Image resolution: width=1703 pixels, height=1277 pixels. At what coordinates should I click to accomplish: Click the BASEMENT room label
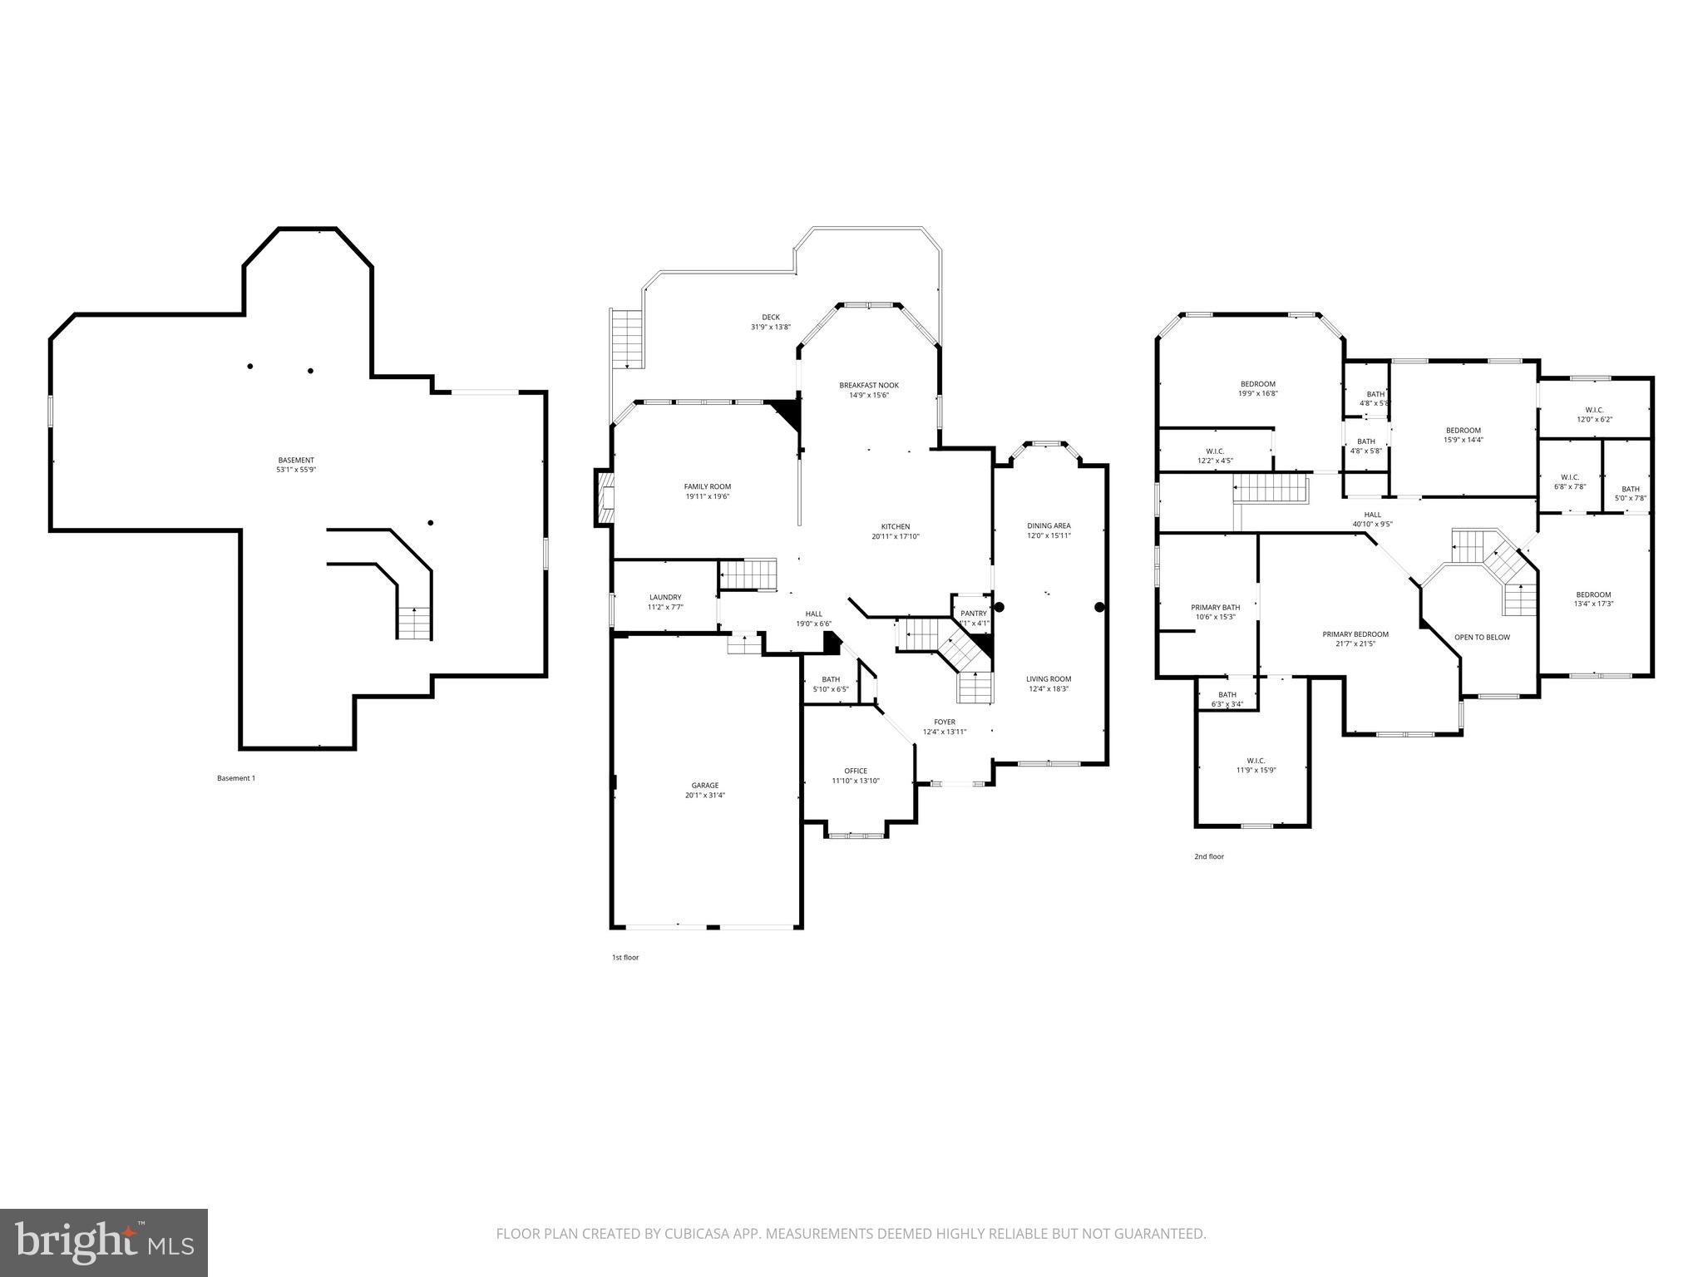pyautogui.click(x=296, y=461)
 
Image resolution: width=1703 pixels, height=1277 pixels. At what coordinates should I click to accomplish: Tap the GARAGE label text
pyautogui.click(x=704, y=786)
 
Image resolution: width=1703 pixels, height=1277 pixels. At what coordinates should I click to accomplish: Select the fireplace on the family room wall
pyautogui.click(x=605, y=498)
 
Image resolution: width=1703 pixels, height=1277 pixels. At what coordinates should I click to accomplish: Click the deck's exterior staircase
pyautogui.click(x=629, y=338)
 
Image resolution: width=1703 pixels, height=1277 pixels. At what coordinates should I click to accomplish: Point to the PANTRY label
pyautogui.click(x=973, y=614)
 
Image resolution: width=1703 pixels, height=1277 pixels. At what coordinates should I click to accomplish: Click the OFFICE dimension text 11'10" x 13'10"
pyautogui.click(x=855, y=781)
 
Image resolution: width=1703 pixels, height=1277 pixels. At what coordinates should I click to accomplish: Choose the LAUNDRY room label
pyautogui.click(x=665, y=597)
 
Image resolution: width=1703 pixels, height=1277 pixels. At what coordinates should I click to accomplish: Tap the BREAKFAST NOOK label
pyautogui.click(x=868, y=385)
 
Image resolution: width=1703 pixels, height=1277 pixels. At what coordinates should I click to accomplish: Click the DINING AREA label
pyautogui.click(x=1049, y=525)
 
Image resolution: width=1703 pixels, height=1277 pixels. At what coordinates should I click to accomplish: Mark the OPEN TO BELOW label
pyautogui.click(x=1482, y=638)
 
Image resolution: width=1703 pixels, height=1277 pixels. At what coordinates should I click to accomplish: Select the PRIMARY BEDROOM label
pyautogui.click(x=1355, y=634)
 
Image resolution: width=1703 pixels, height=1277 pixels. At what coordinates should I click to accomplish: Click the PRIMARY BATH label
pyautogui.click(x=1215, y=608)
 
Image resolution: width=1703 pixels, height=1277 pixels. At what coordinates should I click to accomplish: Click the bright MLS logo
pyautogui.click(x=104, y=1242)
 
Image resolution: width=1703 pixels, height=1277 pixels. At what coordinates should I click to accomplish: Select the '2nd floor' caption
pyautogui.click(x=1209, y=856)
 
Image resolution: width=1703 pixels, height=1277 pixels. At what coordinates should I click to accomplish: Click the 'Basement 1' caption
pyautogui.click(x=236, y=778)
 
